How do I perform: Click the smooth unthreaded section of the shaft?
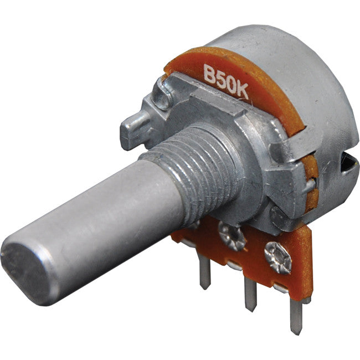click(94, 222)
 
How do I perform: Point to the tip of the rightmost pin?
click(297, 331)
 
